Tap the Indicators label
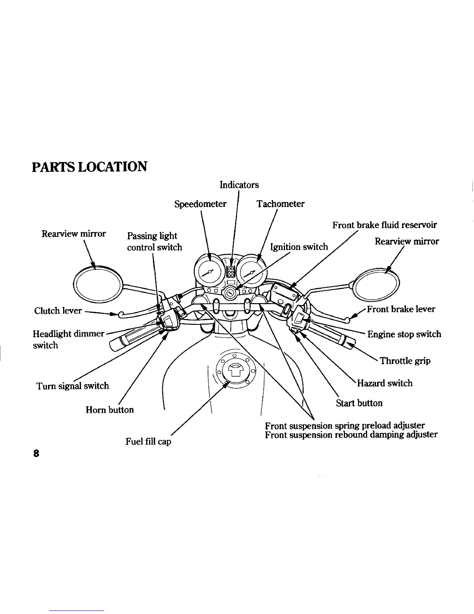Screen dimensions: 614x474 click(239, 185)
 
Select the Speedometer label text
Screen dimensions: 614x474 click(200, 204)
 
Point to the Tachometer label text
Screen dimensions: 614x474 click(280, 204)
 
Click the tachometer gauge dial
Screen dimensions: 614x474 click(252, 273)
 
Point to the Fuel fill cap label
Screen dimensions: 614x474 click(148, 442)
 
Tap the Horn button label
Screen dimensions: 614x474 click(110, 410)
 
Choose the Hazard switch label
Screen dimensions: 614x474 click(385, 383)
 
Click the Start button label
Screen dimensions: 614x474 click(359, 403)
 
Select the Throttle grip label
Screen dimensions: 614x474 click(405, 361)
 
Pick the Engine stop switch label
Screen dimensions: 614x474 click(404, 334)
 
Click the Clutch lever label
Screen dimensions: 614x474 click(58, 310)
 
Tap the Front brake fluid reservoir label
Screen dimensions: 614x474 click(384, 225)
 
